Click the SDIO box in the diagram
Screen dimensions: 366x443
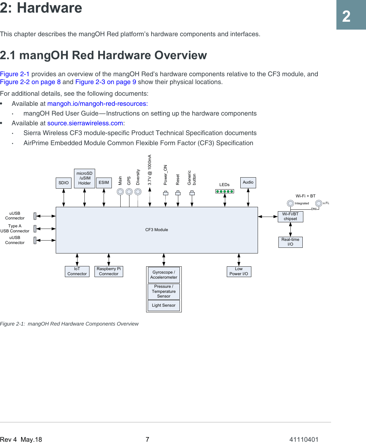[x=64, y=183]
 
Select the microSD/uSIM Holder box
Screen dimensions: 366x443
[x=84, y=179]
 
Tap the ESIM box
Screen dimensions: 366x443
[x=104, y=183]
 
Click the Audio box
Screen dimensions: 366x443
[x=248, y=182]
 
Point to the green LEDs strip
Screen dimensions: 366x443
[x=225, y=191]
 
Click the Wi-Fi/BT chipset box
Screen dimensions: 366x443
[x=290, y=217]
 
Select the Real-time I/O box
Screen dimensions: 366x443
[x=290, y=242]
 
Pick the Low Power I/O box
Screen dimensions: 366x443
[x=239, y=271]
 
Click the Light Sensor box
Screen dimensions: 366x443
[x=164, y=305]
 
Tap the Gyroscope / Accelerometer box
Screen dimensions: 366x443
[x=164, y=275]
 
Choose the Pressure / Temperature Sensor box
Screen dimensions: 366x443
[x=164, y=292]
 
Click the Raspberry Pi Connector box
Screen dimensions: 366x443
[x=109, y=271]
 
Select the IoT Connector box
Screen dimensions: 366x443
[x=77, y=271]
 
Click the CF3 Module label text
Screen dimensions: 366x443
[x=157, y=230]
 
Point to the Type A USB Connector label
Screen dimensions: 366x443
[x=15, y=229]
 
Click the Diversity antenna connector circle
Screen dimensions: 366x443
[x=138, y=191]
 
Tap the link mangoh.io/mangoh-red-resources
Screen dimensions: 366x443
[x=97, y=104]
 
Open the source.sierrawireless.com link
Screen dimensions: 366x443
[x=85, y=123]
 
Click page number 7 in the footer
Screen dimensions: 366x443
[x=147, y=439]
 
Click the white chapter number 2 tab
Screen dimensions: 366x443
[x=346, y=16]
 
